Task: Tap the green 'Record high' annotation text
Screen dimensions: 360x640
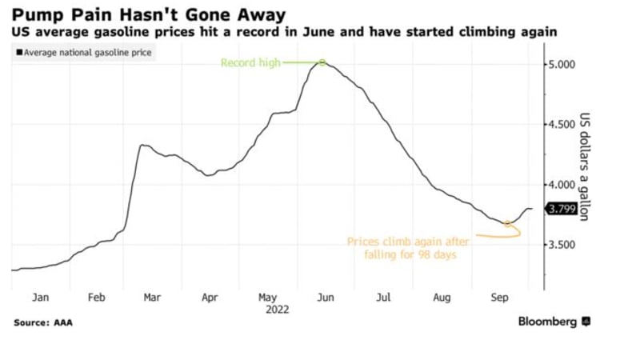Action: click(250, 63)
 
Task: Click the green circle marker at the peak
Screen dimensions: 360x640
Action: click(322, 62)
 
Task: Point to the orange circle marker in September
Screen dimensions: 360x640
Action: click(507, 223)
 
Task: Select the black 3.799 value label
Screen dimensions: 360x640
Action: click(560, 209)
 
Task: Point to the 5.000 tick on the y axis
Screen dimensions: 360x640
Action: click(560, 64)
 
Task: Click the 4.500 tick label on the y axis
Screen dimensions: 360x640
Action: click(560, 124)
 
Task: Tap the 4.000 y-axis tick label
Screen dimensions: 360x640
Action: click(560, 185)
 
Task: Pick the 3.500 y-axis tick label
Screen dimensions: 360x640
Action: click(560, 245)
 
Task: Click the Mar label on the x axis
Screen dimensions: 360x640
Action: click(151, 298)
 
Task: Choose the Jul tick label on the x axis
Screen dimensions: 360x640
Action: click(383, 298)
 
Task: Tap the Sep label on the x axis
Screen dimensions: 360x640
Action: click(499, 298)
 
